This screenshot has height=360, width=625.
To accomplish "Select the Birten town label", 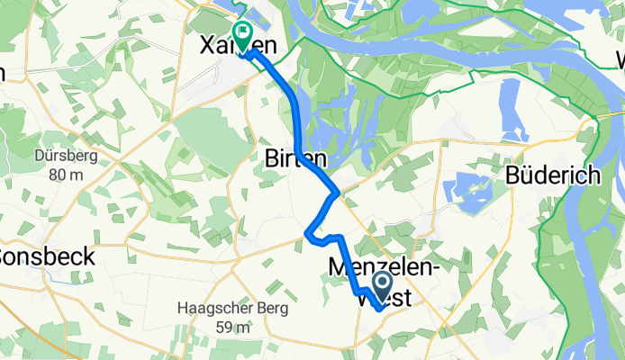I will pos(288,158).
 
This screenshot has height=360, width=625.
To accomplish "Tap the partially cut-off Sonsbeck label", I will pos(45,256).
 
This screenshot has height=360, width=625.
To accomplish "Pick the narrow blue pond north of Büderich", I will pos(509,101).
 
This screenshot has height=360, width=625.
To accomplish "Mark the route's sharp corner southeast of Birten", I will pos(337,192).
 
